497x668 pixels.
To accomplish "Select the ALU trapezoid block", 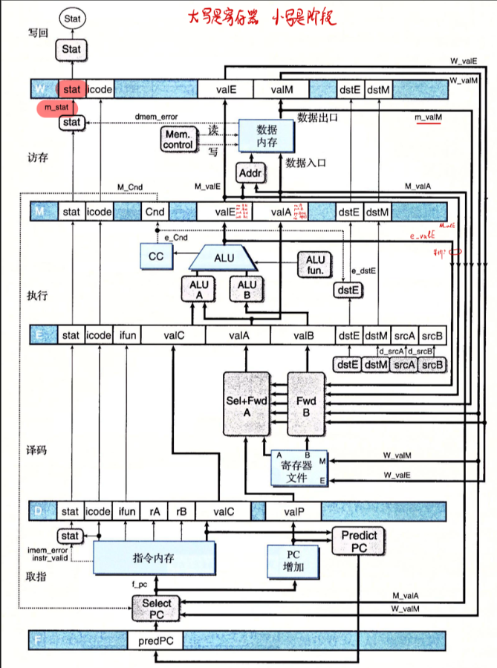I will tap(224, 257).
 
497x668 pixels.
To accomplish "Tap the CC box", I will tap(156, 256).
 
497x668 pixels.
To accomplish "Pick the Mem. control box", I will tap(177, 139).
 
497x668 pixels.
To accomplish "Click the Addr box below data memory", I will tap(249, 173).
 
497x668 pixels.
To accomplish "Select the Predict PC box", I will tap(359, 542).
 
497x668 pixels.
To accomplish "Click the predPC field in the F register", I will tap(155, 640).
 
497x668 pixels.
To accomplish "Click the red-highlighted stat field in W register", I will tap(72, 90).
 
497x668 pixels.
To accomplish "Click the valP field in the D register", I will tap(293, 511).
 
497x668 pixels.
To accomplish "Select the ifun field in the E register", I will tap(127, 335).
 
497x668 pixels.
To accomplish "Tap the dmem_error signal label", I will tap(155, 117).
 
